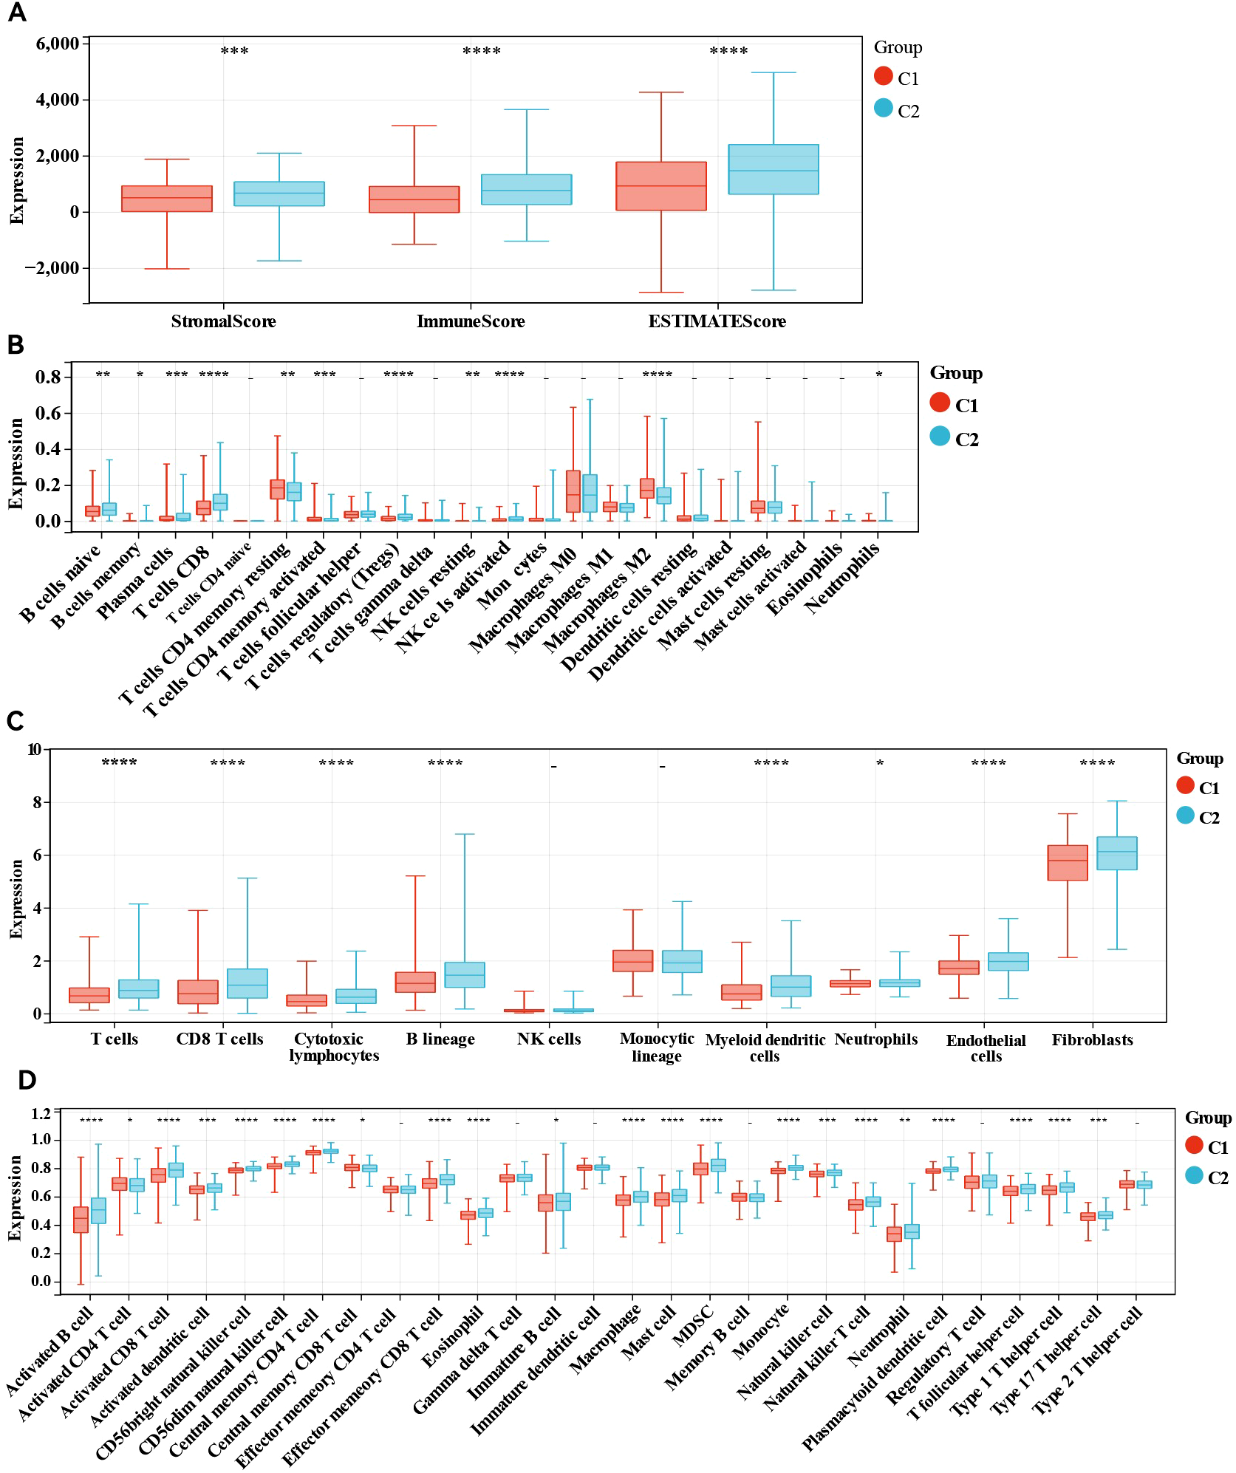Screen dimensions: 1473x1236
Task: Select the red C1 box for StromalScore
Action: click(x=167, y=199)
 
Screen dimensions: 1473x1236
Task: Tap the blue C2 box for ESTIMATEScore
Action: click(x=773, y=169)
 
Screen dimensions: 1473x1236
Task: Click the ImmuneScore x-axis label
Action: click(x=471, y=321)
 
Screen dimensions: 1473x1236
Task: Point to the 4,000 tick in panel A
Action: click(x=58, y=100)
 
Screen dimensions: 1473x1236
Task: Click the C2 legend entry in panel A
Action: click(x=897, y=110)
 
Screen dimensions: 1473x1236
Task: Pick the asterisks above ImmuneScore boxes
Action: click(x=482, y=52)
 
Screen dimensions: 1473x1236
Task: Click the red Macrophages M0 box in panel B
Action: click(x=573, y=491)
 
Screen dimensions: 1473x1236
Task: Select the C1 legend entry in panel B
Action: click(x=955, y=405)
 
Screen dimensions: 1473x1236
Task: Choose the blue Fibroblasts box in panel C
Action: click(x=1116, y=853)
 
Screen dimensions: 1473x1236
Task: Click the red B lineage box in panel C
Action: click(x=415, y=982)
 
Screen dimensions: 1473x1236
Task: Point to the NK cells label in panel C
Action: click(x=549, y=1039)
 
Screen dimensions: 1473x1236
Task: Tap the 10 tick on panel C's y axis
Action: click(x=34, y=750)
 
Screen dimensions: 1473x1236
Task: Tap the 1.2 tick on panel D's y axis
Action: click(x=41, y=1114)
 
